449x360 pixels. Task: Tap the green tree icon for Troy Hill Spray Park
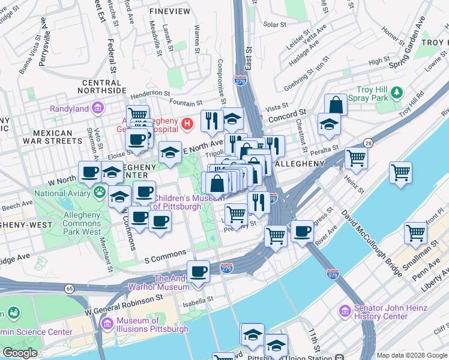point(396,92)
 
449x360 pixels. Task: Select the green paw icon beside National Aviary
point(98,193)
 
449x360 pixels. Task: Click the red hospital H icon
point(187,124)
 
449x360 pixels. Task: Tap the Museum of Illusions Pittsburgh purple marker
point(107,325)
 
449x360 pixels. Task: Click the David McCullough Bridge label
point(372,242)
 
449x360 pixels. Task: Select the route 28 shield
point(367,142)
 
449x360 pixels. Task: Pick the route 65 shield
point(70,288)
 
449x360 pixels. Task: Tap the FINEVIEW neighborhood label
point(170,11)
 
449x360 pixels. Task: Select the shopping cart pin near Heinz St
point(356,158)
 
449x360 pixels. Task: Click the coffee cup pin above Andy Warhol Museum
point(198,271)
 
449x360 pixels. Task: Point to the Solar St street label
point(274,25)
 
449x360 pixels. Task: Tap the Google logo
point(20,353)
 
